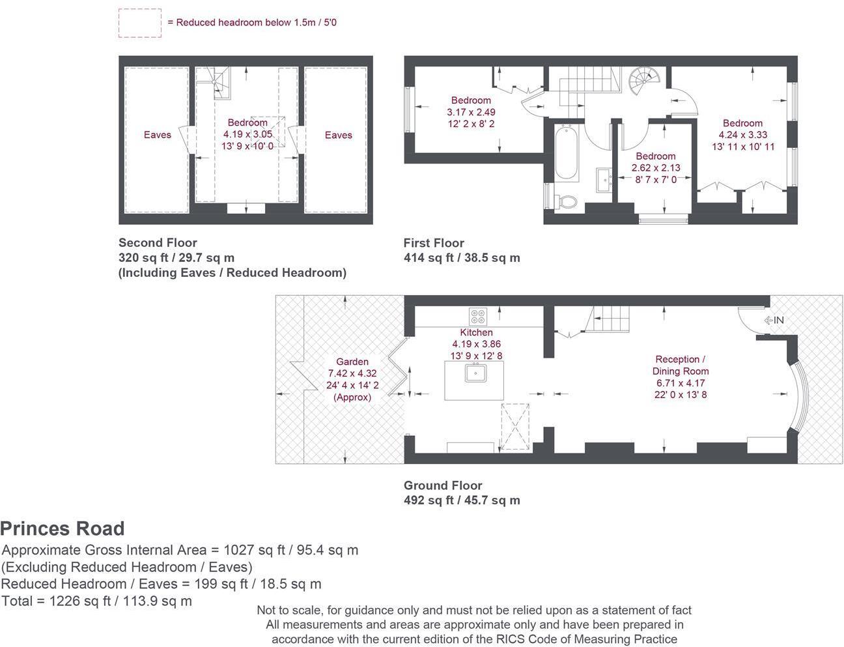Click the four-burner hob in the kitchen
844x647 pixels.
pyautogui.click(x=478, y=316)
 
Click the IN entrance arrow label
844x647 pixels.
pyautogui.click(x=774, y=320)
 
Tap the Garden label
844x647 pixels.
pyautogui.click(x=352, y=362)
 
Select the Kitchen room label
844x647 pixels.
pyautogui.click(x=476, y=332)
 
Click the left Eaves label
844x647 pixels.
pyautogui.click(x=158, y=134)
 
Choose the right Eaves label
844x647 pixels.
pyautogui.click(x=338, y=135)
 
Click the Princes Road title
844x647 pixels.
pyautogui.click(x=63, y=528)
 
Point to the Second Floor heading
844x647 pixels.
pyautogui.click(x=158, y=242)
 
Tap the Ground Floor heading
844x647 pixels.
pyautogui.click(x=443, y=485)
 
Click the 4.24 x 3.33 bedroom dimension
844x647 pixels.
pyautogui.click(x=742, y=135)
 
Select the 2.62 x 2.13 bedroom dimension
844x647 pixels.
pyautogui.click(x=656, y=168)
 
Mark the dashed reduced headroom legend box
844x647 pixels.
pyautogui.click(x=140, y=23)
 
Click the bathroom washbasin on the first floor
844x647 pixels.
pyautogui.click(x=604, y=180)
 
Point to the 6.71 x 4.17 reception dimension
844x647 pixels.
pyautogui.click(x=681, y=382)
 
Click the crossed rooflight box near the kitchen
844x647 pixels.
pyautogui.click(x=515, y=427)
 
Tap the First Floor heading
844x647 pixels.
pyautogui.click(x=434, y=243)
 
